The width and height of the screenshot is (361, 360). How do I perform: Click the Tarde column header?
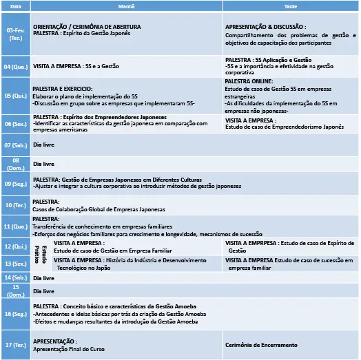coord(291,5)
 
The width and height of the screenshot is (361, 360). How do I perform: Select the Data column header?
coord(16,5)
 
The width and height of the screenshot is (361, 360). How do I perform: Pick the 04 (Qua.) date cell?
coord(16,67)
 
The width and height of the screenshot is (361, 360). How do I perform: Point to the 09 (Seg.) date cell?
coord(16,184)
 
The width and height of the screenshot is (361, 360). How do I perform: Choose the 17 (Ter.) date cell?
coord(16,345)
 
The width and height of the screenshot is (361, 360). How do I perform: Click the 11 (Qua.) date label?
coord(16,226)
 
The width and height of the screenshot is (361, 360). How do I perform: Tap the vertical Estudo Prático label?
coord(42,255)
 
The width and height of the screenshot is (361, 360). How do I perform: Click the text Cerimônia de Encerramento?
coord(262,345)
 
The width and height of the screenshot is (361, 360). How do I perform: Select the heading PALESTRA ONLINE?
coord(249,81)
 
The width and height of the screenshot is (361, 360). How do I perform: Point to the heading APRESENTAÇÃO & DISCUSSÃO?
coord(266,27)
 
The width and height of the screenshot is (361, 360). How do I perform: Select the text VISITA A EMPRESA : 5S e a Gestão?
coord(76,67)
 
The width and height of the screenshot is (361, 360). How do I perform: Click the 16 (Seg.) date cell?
coord(16,313)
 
